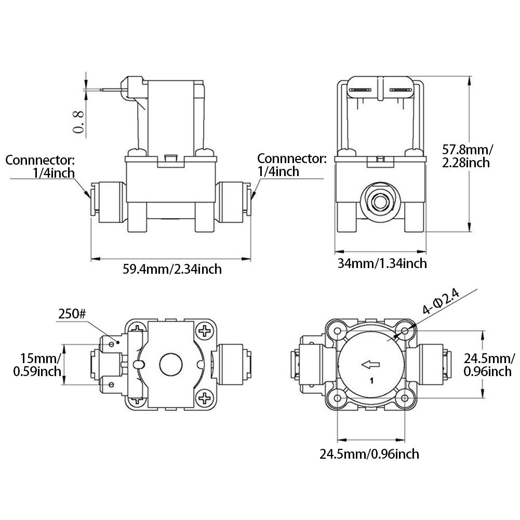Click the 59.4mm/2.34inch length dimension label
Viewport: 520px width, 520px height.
pos(172,269)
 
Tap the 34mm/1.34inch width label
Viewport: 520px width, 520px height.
pos(382,263)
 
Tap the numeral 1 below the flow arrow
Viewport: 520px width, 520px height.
pos(371,381)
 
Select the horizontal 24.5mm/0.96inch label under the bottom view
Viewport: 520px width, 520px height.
pos(369,455)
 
